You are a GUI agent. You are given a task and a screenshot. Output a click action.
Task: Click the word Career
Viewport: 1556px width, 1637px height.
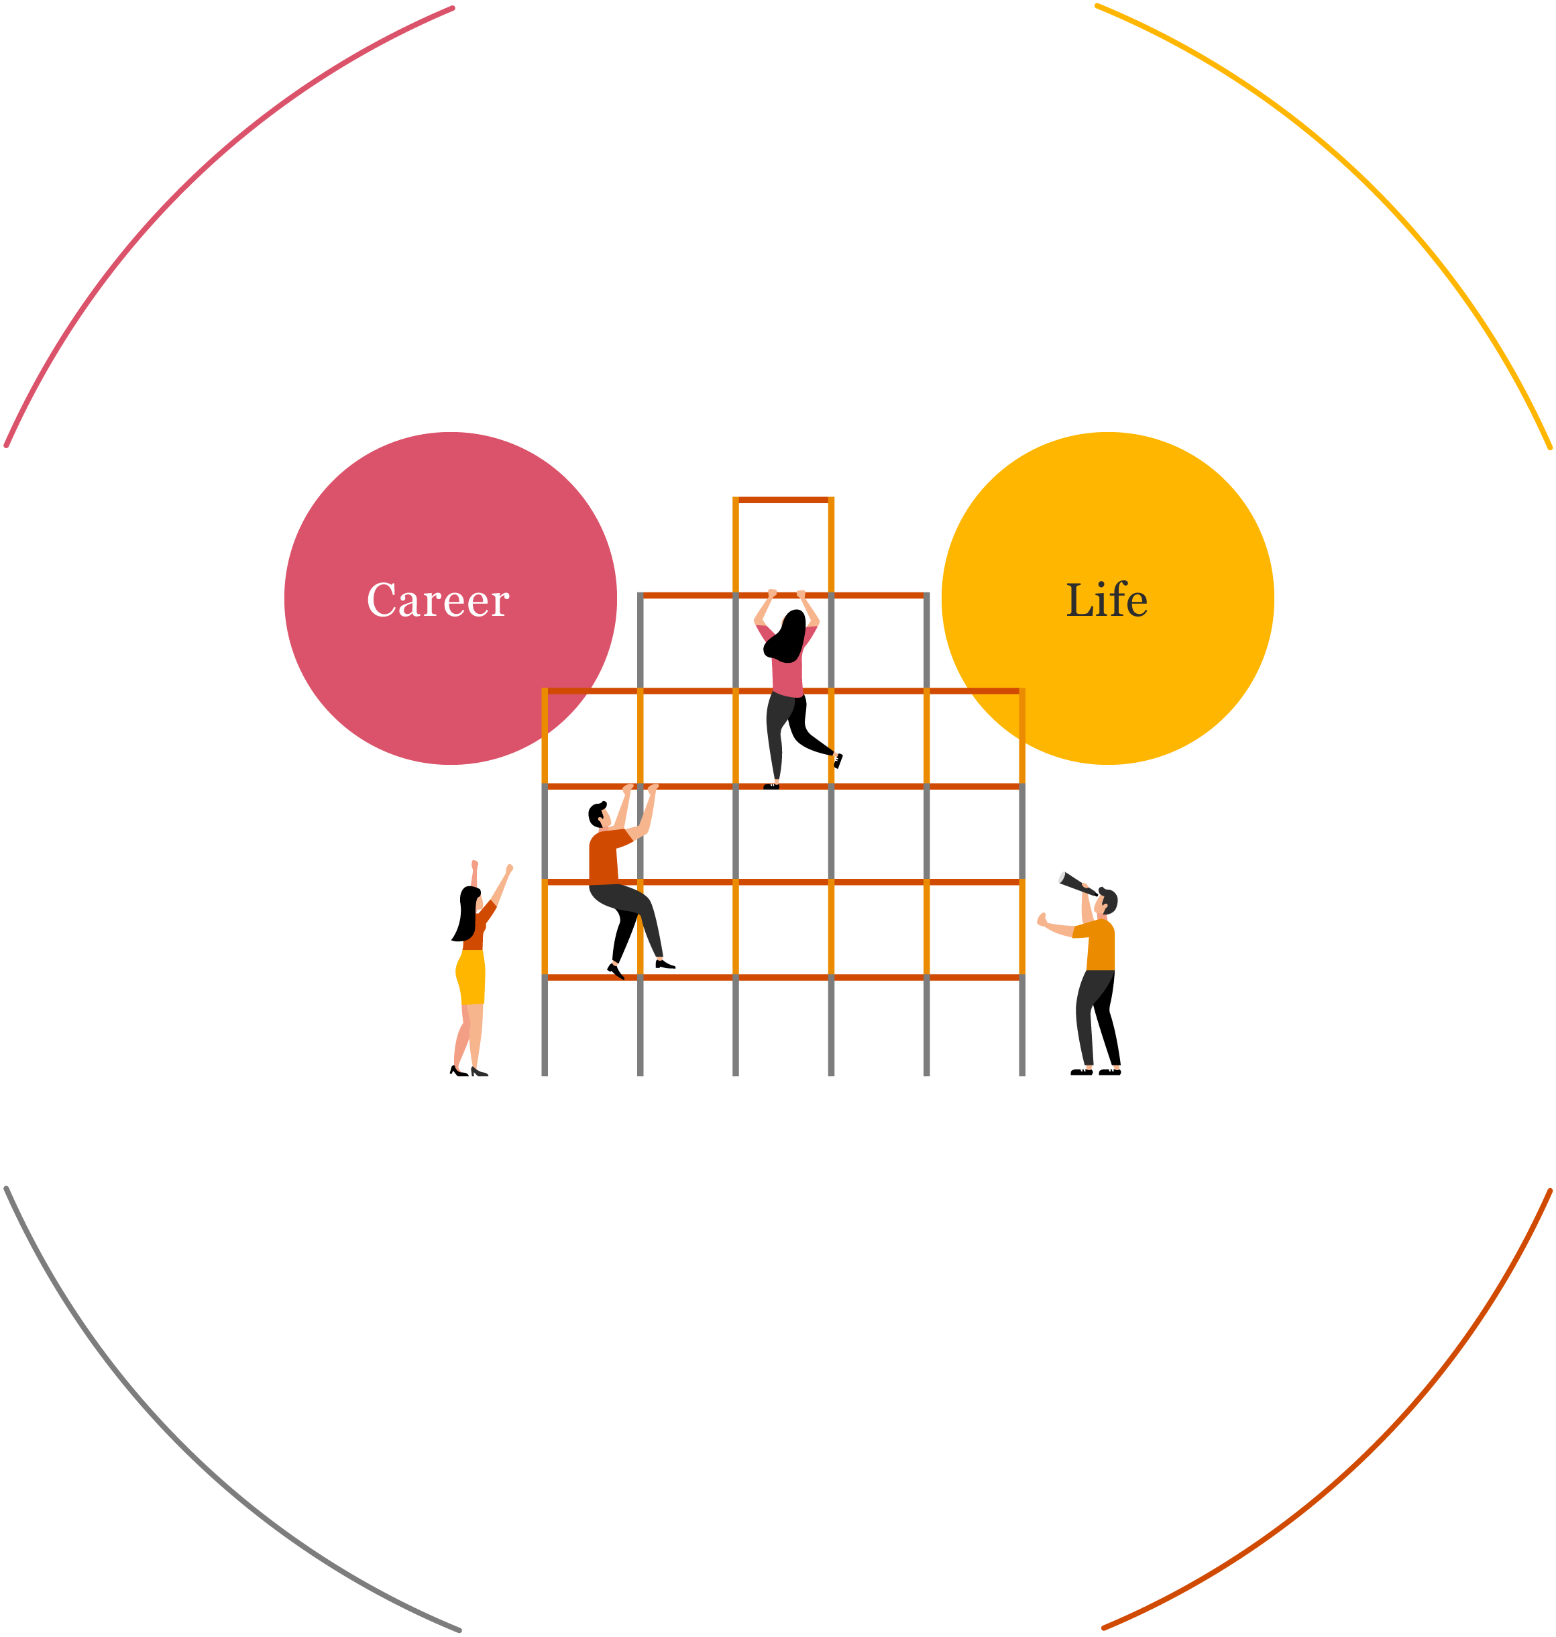437,600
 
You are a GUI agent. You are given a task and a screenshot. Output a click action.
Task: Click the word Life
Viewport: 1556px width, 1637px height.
1107,600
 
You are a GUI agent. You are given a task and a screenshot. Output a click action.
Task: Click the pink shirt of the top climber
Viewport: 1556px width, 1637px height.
787,677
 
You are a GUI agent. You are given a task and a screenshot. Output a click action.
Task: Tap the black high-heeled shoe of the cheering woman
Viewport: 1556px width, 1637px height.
479,1073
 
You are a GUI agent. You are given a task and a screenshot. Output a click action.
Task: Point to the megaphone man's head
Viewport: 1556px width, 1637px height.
1107,901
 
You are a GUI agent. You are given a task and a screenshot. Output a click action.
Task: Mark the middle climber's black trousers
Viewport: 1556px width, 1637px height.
622,900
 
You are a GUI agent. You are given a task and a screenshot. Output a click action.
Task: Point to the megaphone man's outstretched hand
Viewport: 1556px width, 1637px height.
1042,919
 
